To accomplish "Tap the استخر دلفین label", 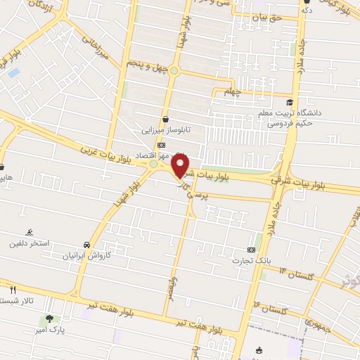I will click(29, 243).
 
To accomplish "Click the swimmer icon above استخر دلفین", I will click(29, 233).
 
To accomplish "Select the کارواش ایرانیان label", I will click(86, 256).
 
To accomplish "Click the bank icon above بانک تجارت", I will click(252, 250).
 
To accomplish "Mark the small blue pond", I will click(13, 72).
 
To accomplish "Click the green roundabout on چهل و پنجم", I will click(174, 70).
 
